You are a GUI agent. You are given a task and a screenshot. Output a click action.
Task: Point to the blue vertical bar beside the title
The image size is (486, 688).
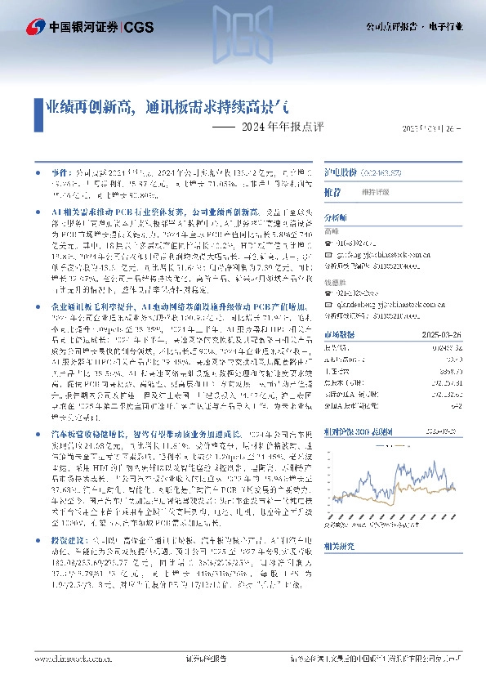38,109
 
